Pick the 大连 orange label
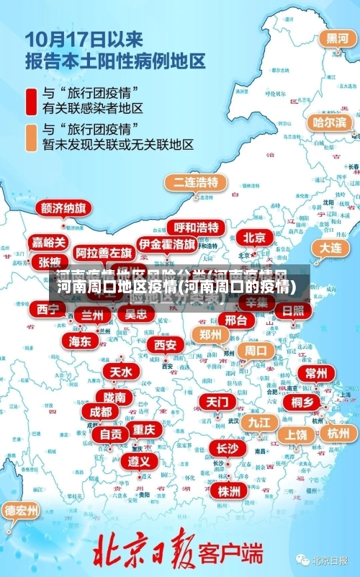(330, 247)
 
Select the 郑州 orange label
(210, 334)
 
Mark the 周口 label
(256, 351)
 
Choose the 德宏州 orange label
(22, 511)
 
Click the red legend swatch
(32, 101)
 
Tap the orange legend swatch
(32, 137)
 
